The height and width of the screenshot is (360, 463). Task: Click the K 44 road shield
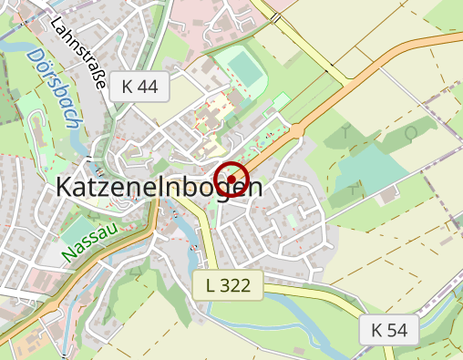(139, 87)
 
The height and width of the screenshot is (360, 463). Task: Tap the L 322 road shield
(228, 285)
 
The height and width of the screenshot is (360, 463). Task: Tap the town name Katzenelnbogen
(159, 187)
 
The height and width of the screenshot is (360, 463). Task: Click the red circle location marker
(231, 178)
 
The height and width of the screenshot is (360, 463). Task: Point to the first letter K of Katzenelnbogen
(66, 187)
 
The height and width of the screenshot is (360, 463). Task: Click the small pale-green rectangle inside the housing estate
(292, 221)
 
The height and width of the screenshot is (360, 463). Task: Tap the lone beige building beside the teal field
(388, 194)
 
